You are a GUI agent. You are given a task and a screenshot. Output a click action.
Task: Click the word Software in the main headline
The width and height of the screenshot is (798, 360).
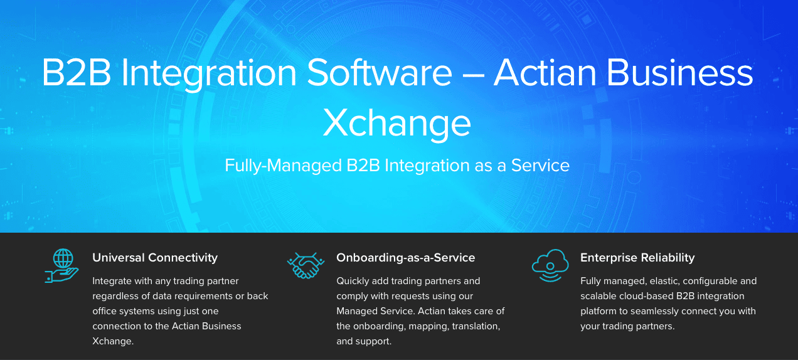coord(380,73)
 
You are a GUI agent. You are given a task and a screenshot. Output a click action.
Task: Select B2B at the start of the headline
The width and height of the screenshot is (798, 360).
coord(77,73)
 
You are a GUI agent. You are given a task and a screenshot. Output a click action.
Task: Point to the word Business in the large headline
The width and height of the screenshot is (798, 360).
coord(679,73)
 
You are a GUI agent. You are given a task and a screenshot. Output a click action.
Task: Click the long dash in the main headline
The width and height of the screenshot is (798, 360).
coord(473,76)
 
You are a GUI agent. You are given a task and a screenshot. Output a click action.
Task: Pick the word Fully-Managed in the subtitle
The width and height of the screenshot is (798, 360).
coord(283,166)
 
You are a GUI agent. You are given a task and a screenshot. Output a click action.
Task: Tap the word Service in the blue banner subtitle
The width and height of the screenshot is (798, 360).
coord(540,166)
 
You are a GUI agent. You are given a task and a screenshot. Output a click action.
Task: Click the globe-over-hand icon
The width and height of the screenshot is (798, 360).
coord(61,266)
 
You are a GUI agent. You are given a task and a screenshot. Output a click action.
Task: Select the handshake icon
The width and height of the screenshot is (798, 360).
coord(306,266)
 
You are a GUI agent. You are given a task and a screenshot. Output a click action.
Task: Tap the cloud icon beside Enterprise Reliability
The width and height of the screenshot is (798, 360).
coord(550,266)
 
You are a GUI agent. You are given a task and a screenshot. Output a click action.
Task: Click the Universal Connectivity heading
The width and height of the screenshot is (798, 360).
coord(155,258)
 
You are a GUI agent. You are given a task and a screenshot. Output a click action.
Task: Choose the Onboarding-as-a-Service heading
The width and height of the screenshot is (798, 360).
coord(406,258)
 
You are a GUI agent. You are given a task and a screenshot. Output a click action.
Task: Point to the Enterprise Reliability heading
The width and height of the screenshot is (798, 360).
coord(637,258)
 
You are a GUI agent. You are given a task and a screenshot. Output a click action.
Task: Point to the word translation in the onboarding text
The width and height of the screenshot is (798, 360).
coord(476,327)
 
